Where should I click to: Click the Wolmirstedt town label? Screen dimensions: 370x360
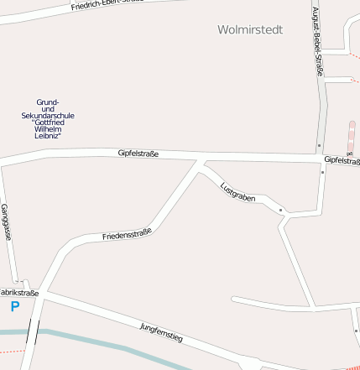tap(249, 29)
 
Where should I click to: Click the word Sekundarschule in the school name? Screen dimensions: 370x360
tap(48, 115)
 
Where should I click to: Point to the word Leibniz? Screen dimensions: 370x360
tap(48, 135)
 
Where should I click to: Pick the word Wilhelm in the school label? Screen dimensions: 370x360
tap(48, 128)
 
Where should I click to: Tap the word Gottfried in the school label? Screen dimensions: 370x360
tap(48, 122)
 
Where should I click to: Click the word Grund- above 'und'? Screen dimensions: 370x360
tap(48, 102)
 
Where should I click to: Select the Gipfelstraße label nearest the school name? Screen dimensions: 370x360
tap(138, 153)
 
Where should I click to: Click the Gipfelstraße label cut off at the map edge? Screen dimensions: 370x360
tap(342, 159)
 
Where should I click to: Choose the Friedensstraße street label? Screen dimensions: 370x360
tap(127, 234)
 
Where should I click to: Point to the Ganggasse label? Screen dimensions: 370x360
tap(6, 222)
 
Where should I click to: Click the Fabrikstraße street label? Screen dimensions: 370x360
tap(18, 293)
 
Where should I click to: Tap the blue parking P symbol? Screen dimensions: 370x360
tap(14, 307)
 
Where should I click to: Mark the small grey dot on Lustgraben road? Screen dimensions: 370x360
tap(280, 209)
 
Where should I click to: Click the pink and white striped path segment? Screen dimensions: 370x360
tap(351, 138)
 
